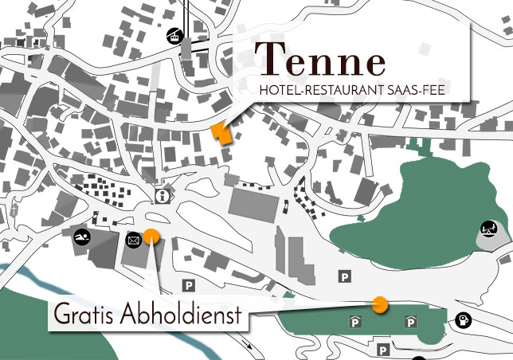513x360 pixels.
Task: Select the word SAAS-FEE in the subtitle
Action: coord(416,92)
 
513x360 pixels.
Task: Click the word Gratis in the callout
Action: coord(85,316)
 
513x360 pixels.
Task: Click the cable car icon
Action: coord(172,36)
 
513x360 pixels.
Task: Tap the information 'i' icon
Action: coord(163,196)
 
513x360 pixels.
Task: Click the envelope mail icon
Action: coord(133,238)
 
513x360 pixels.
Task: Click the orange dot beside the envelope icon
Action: coord(151,235)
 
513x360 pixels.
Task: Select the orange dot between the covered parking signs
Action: coord(380,304)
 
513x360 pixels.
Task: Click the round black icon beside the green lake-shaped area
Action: coord(489,229)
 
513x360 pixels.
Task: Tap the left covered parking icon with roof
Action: coord(354,321)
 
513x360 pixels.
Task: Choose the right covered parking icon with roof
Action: coord(411,321)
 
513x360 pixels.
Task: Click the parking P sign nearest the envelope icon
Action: coord(189,285)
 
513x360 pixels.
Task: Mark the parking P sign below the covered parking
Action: coord(384,348)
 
